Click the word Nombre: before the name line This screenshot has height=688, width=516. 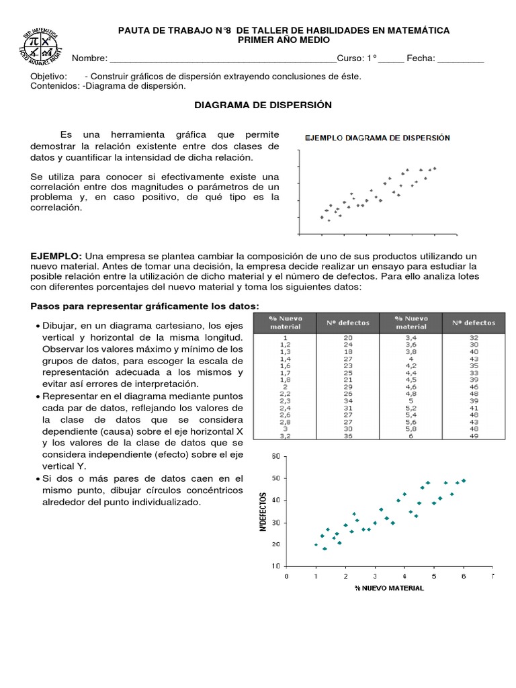[x=89, y=58]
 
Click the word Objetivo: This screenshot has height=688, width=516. [x=49, y=76]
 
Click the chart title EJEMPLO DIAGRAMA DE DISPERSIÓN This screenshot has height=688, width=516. [x=378, y=138]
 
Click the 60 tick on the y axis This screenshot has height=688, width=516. [x=274, y=456]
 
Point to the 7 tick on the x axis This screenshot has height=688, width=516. [x=492, y=576]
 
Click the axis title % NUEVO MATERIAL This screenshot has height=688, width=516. [x=390, y=589]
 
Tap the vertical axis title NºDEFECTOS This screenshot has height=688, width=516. [x=263, y=512]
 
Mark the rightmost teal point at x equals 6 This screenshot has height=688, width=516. [x=464, y=480]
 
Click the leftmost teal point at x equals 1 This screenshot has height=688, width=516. [x=316, y=544]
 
